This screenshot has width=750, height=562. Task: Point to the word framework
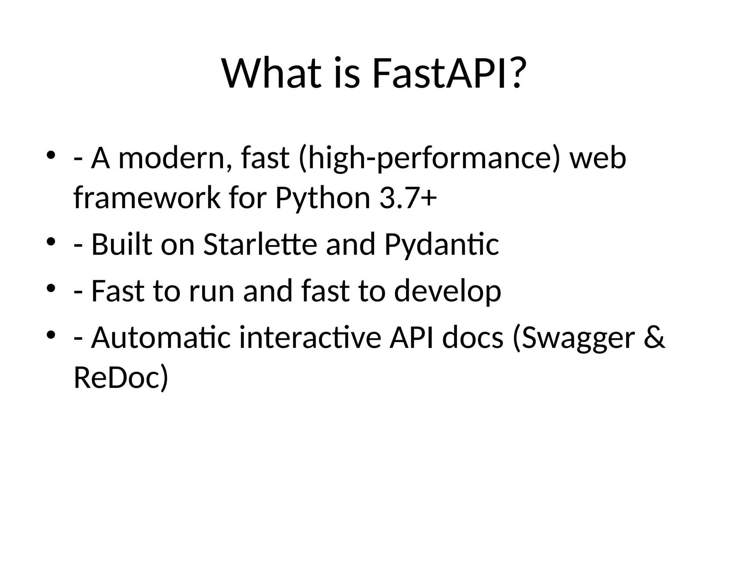[146, 198]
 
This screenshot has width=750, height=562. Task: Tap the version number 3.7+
[408, 198]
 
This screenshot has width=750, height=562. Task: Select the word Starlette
[260, 244]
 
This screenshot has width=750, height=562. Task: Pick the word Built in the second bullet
[121, 244]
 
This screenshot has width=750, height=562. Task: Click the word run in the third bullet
[211, 291]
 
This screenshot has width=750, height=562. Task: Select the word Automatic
[161, 338]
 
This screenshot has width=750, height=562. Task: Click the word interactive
[310, 338]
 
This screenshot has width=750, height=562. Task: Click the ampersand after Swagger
[654, 338]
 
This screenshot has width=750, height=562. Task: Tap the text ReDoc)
[121, 378]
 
